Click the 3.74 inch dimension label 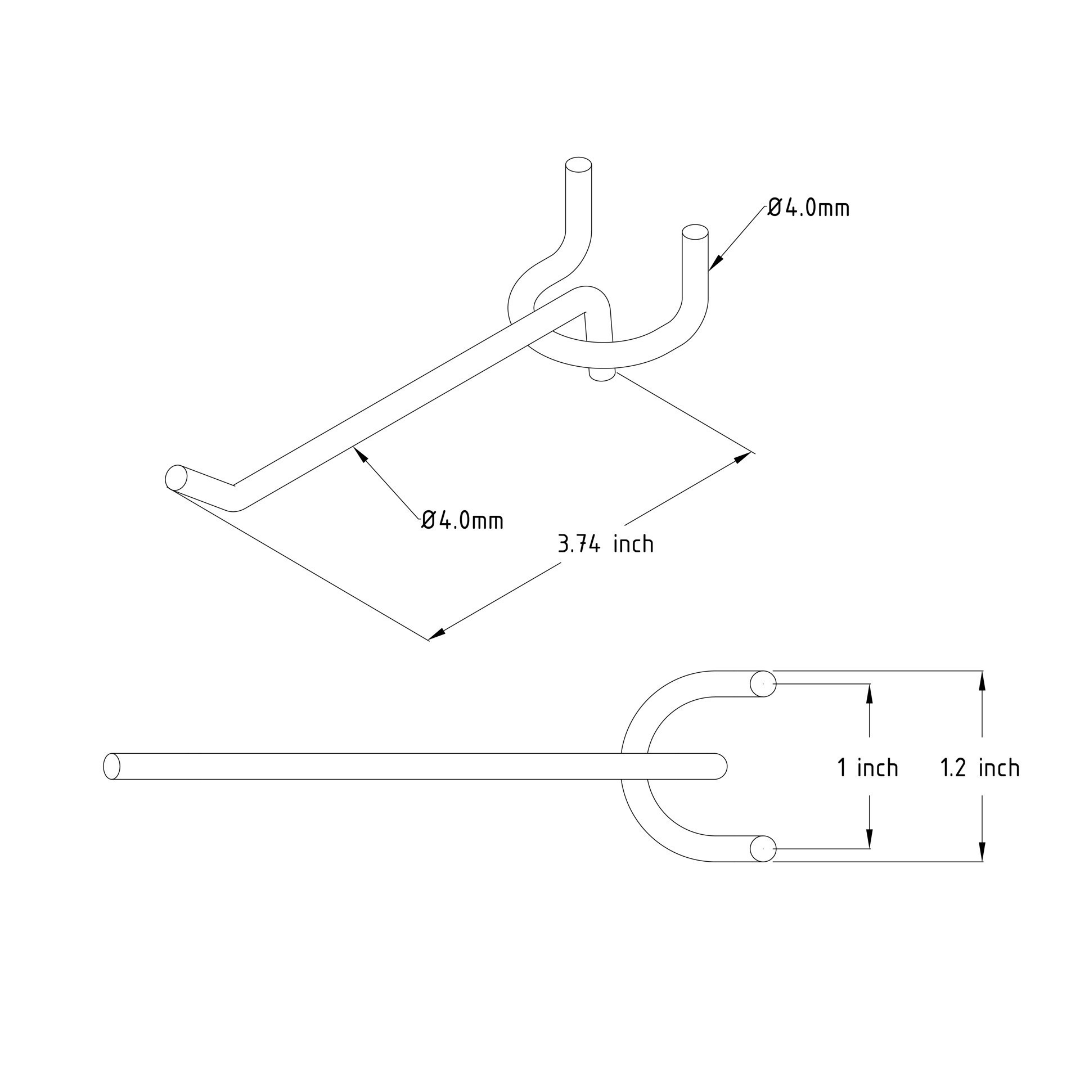tap(605, 544)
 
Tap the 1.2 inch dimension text tap(980, 768)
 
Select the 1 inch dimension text tap(867, 768)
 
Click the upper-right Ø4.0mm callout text tap(808, 208)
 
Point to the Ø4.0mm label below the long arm tap(462, 520)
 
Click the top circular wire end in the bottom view tap(763, 684)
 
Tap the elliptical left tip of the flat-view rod tap(112, 766)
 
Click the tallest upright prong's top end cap tap(578, 165)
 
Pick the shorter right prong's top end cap tap(695, 231)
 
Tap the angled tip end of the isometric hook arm tap(176, 478)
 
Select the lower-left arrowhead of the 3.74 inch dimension tap(437, 633)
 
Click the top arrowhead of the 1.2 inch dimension tap(982, 681)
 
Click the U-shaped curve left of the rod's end tap(634, 766)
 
